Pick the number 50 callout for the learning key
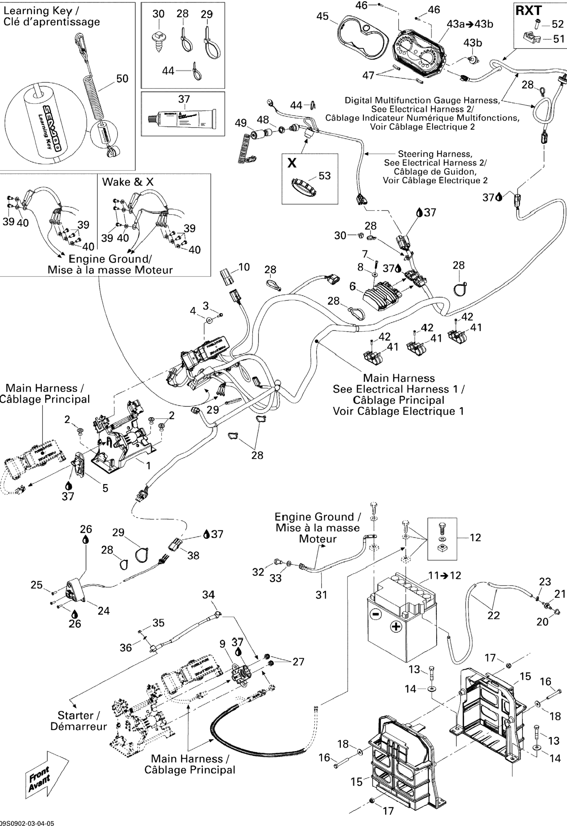click(x=122, y=79)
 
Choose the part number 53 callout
click(x=324, y=176)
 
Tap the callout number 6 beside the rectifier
click(x=352, y=286)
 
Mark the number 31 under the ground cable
click(x=321, y=595)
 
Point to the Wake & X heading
click(x=128, y=182)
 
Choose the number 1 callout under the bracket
click(x=148, y=465)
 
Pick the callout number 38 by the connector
click(x=193, y=555)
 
